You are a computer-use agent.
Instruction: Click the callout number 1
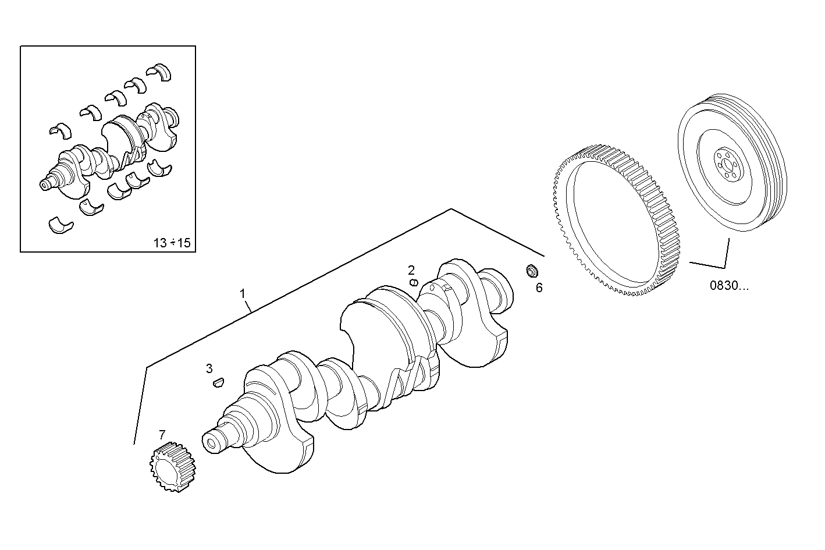point(243,294)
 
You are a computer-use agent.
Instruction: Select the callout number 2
point(411,269)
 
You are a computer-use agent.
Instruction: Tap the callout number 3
point(209,368)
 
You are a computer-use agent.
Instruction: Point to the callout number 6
point(539,288)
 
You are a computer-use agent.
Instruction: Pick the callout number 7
point(162,434)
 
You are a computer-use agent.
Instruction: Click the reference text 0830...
point(730,286)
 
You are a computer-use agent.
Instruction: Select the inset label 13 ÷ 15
point(172,243)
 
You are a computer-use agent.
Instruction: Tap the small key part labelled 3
point(218,382)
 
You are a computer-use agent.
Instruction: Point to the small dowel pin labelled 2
point(414,282)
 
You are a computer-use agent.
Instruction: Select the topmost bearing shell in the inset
point(160,72)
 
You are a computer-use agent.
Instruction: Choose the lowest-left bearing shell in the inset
point(61,225)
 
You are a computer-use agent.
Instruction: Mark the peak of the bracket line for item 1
point(451,209)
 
